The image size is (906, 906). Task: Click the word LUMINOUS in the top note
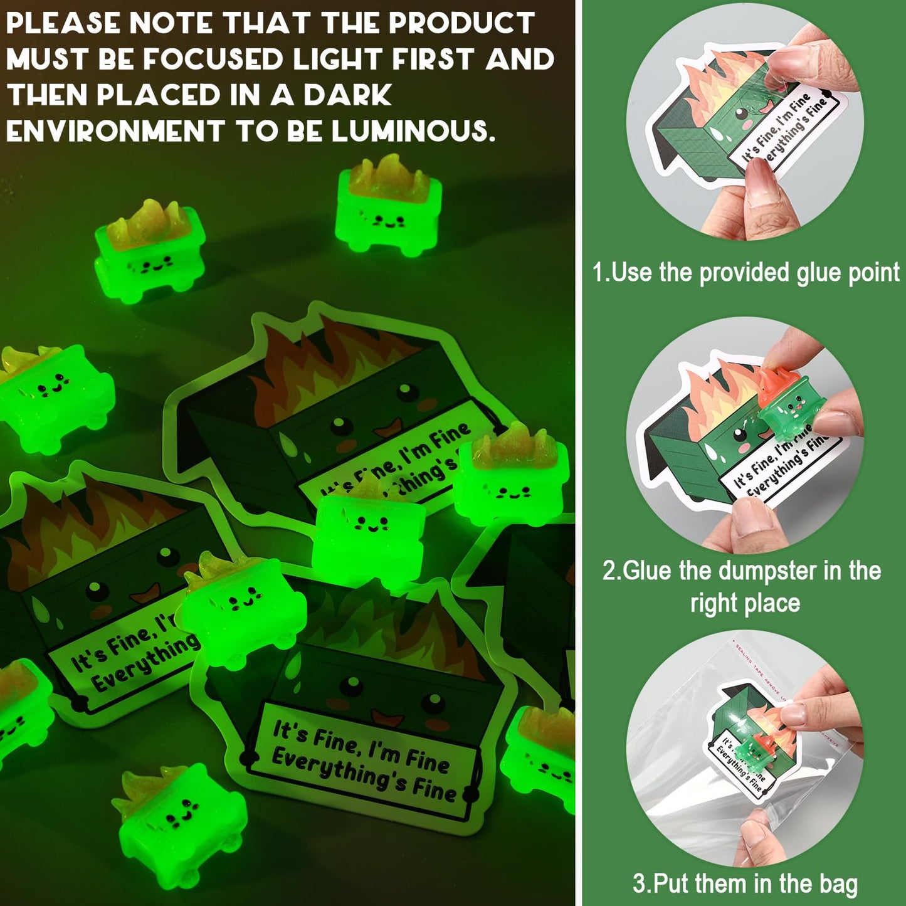pos(413,131)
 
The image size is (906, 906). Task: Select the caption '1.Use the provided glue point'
pos(745,273)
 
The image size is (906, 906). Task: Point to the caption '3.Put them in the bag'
pos(745,883)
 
